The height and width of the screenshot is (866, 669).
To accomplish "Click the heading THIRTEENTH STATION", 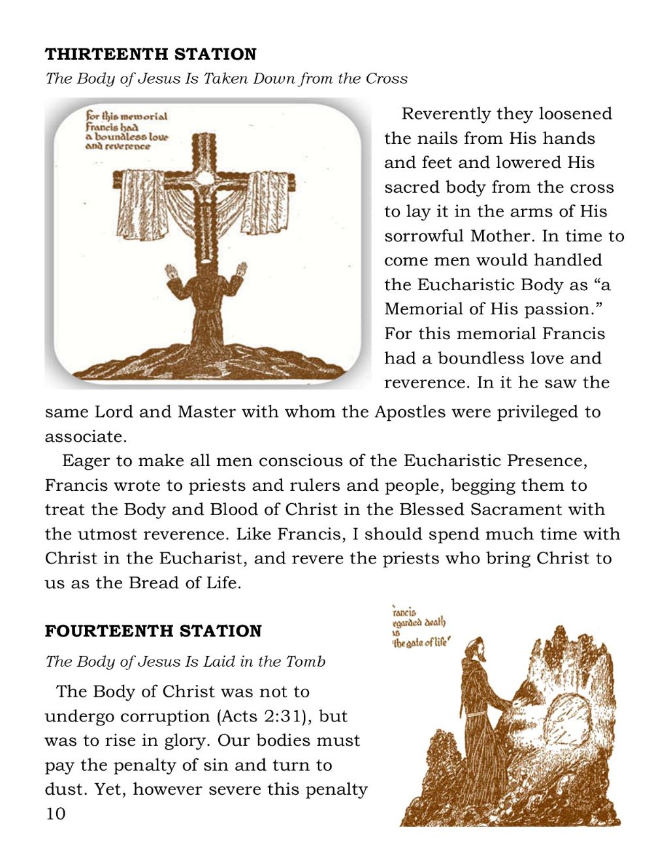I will click(x=150, y=54).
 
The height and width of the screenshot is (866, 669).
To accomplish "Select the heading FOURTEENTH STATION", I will click(x=153, y=631).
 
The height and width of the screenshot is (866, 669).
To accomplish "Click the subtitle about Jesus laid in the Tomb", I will click(x=185, y=661).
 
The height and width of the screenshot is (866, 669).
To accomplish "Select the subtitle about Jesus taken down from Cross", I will click(x=226, y=79).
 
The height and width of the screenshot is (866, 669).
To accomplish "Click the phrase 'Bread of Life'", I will click(x=184, y=583).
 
